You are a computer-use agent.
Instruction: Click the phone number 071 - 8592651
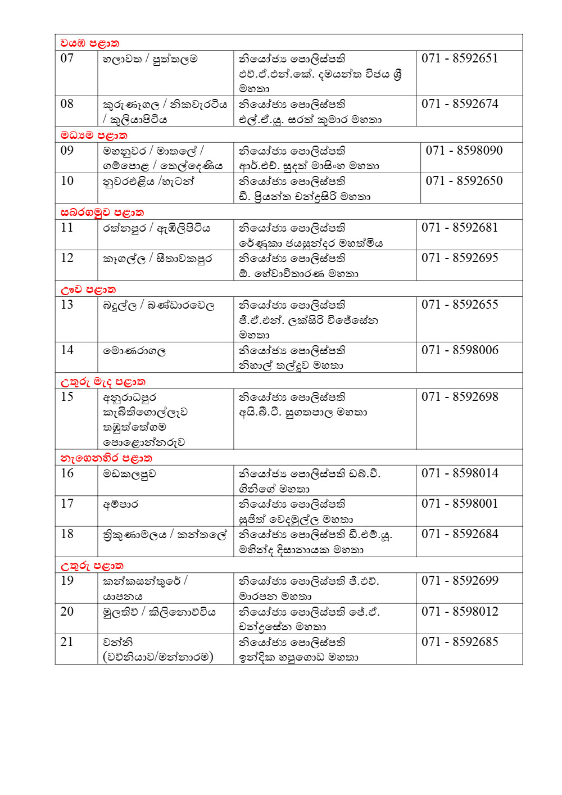460,58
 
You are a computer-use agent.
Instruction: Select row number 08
67,104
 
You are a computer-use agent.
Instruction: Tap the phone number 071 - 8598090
464,151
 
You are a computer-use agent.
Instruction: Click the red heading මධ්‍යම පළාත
94,135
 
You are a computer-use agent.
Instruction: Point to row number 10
67,181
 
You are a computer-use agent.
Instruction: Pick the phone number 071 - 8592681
460,228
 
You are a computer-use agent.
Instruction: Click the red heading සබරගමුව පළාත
102,213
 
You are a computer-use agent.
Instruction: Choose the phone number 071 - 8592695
460,258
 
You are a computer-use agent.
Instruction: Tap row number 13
67,305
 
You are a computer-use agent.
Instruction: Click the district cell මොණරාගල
134,351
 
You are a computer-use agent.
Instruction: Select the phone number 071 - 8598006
460,350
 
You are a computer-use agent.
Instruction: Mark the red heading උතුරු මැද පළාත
103,382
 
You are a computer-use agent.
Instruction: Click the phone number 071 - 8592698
460,397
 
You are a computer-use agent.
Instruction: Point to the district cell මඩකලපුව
129,474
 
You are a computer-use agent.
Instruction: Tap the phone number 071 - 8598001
460,504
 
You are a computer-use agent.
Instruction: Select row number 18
67,534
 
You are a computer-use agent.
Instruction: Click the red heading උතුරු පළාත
92,566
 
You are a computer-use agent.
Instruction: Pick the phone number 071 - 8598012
460,612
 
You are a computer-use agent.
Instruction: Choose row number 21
67,642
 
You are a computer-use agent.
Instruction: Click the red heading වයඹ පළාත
89,43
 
